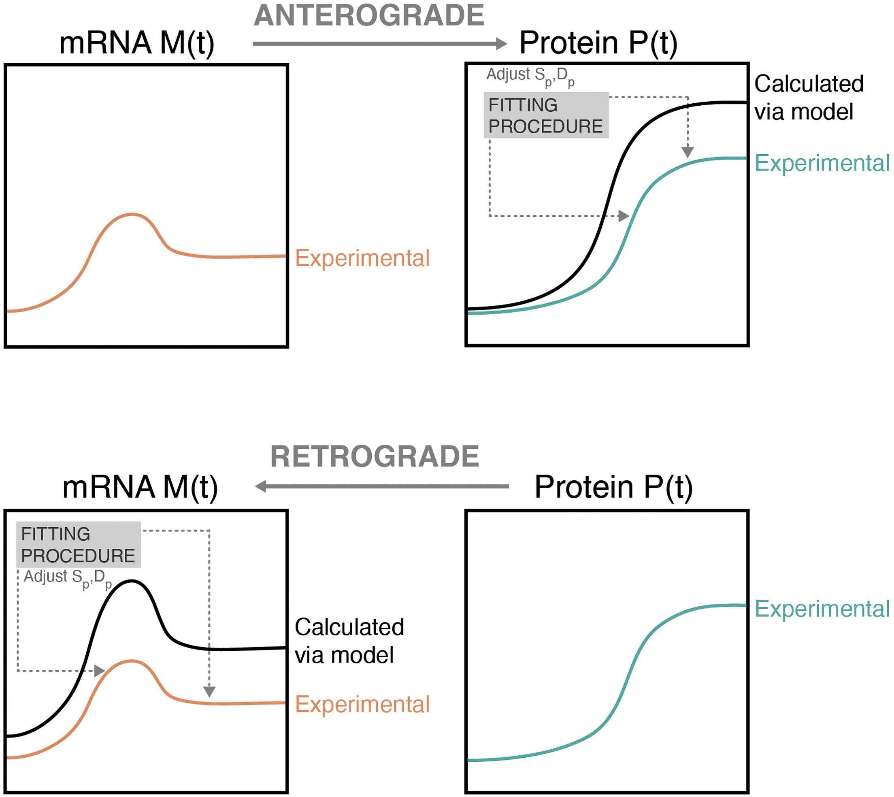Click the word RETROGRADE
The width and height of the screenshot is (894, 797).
pos(375,456)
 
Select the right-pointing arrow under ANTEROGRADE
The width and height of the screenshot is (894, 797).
pos(379,43)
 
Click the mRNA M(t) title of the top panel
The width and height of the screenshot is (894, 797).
pos(136,43)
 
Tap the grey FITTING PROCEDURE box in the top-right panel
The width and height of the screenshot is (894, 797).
pos(545,115)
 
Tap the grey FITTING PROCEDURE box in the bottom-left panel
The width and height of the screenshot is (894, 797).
pos(79,544)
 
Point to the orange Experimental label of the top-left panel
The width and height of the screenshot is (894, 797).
pos(362,258)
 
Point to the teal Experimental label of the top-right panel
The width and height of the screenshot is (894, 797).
pos(822,163)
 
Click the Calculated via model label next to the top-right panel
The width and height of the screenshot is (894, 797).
pos(808,98)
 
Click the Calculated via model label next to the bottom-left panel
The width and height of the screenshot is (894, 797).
pos(349,641)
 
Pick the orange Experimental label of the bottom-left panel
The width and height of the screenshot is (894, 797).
pos(362,704)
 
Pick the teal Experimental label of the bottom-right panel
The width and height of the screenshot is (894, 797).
pos(822,609)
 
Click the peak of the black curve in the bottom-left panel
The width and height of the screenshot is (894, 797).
pos(131,581)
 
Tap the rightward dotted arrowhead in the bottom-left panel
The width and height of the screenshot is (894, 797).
pos(99,670)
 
